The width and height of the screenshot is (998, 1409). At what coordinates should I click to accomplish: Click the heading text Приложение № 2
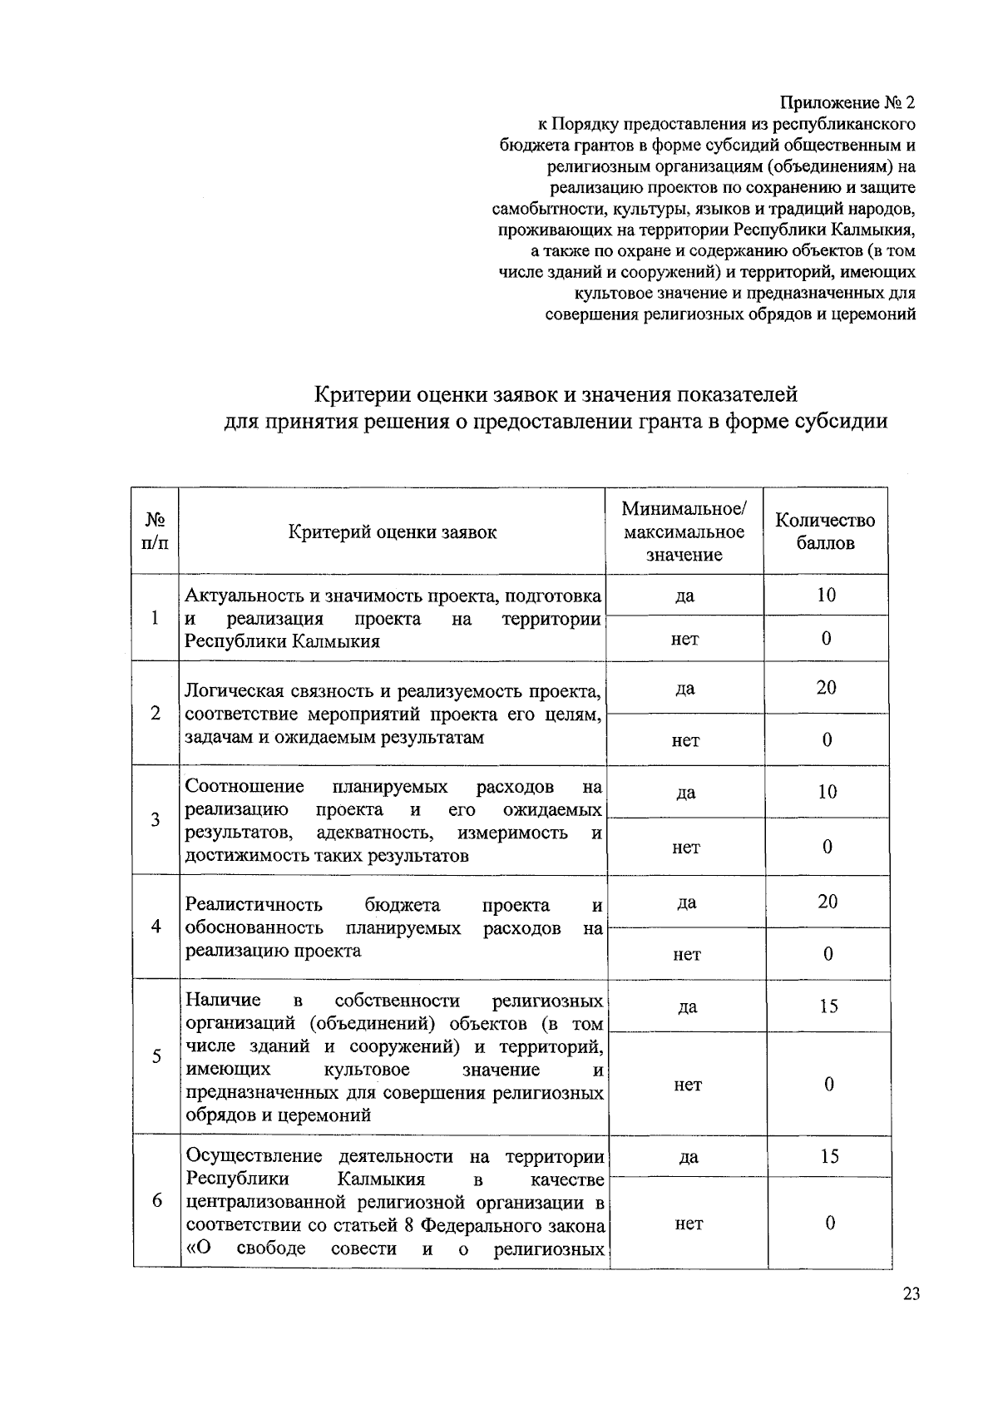847,103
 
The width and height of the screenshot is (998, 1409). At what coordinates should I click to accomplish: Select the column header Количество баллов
825,531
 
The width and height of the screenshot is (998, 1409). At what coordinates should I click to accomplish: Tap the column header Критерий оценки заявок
393,532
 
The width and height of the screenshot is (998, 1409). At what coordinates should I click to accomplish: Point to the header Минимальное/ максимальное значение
684,531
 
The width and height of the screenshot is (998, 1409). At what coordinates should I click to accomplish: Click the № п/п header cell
156,531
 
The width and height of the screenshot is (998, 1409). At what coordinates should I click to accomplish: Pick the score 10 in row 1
826,596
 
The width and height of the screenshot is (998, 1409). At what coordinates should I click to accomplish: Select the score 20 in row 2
826,688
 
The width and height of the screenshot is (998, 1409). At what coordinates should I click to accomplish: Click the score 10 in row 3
827,792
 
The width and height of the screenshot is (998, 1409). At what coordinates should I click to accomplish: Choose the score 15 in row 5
828,1006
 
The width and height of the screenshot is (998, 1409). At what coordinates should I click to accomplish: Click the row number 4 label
156,927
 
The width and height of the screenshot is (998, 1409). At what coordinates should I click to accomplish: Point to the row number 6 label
157,1201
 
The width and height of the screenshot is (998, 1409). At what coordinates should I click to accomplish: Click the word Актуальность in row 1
235,596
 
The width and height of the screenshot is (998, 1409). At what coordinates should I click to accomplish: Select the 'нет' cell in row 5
688,1085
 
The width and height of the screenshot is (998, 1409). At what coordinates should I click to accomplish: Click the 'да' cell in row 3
686,793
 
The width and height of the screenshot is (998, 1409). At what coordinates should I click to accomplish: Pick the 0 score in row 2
827,740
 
